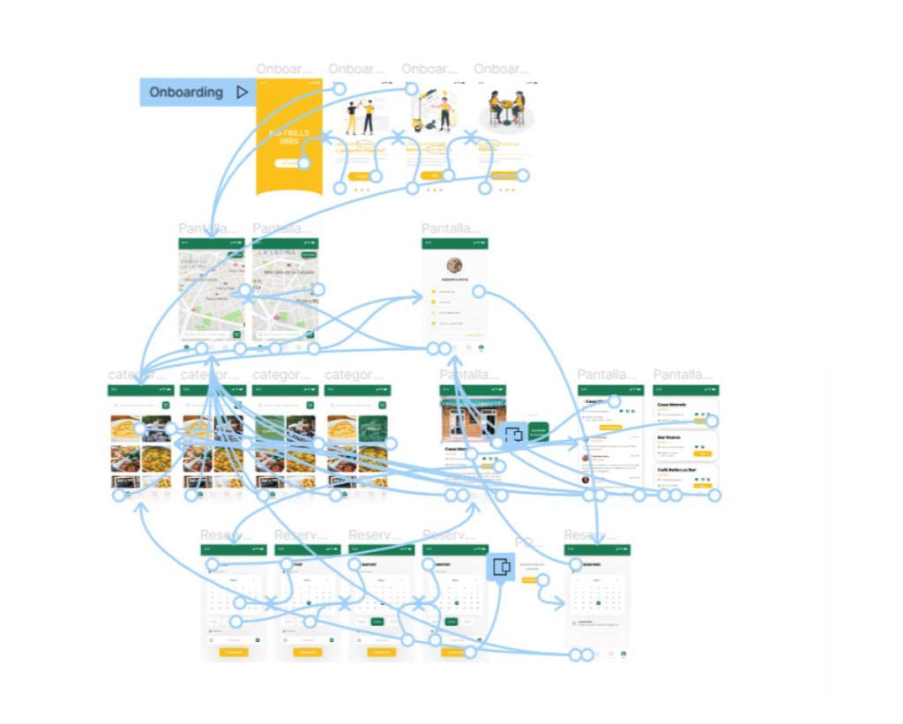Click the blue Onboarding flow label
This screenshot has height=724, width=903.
[185, 93]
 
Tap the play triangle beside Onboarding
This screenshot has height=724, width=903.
[242, 93]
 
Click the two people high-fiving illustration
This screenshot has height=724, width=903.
[359, 116]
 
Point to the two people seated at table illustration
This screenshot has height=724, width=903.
[506, 110]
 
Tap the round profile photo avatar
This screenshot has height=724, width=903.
[455, 265]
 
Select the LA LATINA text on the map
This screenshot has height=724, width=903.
[277, 256]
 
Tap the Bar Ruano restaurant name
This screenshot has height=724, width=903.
[669, 436]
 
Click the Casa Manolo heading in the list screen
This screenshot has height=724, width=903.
[672, 404]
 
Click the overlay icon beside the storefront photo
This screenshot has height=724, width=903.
[514, 433]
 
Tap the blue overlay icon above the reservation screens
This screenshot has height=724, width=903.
[501, 567]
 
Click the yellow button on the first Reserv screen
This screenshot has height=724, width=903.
[233, 652]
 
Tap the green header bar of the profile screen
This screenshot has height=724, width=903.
[454, 243]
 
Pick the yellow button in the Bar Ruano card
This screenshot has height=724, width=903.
[703, 453]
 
